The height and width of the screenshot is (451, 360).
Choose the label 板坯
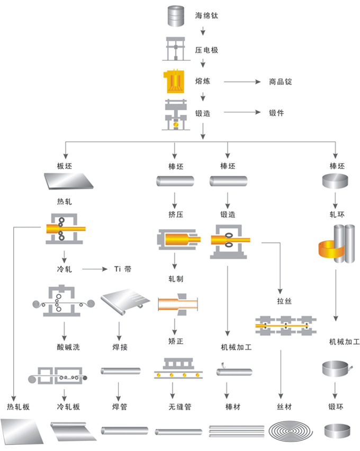(64, 166)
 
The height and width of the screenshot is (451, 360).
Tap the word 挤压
(175, 214)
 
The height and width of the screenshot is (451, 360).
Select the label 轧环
(337, 214)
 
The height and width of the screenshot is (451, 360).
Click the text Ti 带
(123, 269)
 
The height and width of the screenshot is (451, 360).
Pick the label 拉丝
(284, 301)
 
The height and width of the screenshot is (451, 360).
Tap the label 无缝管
(175, 407)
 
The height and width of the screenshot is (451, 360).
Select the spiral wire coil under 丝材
(284, 430)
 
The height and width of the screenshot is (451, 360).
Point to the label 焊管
(120, 407)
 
